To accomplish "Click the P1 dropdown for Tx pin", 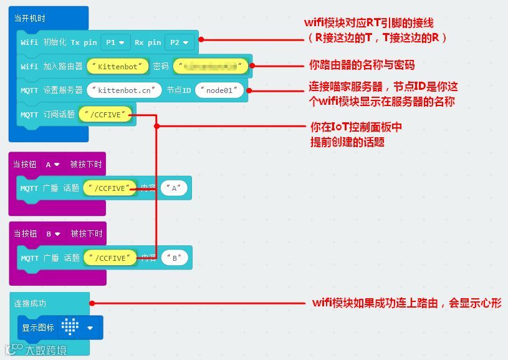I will click(115, 42).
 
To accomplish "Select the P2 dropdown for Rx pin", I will click(179, 42).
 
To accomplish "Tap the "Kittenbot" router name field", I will click(118, 66).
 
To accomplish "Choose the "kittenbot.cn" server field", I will click(124, 90).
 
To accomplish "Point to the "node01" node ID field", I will click(219, 90).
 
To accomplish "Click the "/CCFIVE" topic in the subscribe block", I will click(105, 114).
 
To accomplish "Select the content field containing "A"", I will click(175, 188).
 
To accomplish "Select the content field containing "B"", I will click(175, 257).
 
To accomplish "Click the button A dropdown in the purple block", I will click(53, 165).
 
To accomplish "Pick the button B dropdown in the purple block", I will click(53, 234).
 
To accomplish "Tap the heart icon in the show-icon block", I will click(69, 327).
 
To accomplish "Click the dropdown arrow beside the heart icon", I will click(90, 328).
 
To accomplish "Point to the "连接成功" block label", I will click(30, 303).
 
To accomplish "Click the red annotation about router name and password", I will click(362, 65).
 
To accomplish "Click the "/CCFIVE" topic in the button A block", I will click(112, 188).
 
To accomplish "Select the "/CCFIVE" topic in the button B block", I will click(112, 257).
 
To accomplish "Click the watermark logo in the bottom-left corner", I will click(34, 349).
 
